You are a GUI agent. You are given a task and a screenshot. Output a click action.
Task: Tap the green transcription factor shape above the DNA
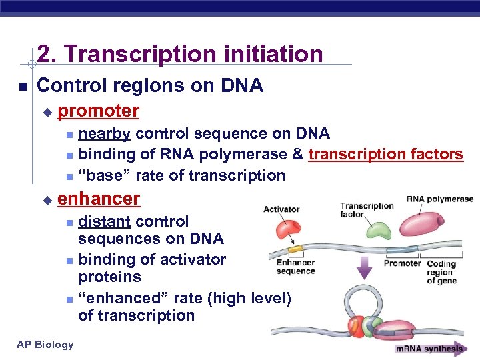[360, 230]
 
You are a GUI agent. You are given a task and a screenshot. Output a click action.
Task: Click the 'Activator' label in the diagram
[281, 209]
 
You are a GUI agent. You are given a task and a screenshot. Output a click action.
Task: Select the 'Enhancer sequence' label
[295, 267]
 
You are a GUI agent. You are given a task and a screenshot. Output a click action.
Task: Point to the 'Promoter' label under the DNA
[402, 263]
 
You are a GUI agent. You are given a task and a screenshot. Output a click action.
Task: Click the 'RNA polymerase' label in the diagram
[440, 199]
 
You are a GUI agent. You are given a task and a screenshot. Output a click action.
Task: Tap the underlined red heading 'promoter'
[99, 110]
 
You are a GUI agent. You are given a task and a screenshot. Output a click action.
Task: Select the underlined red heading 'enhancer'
[99, 198]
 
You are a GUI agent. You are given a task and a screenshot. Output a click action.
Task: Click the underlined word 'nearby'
[104, 134]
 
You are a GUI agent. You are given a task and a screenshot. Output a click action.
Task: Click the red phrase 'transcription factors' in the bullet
[385, 155]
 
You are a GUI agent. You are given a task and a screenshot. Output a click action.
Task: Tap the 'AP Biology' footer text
[45, 344]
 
